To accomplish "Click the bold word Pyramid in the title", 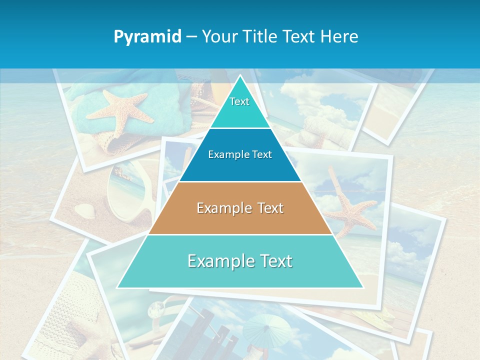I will click(147, 36).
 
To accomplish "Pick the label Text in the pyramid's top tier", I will click(239, 101).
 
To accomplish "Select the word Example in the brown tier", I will click(222, 208).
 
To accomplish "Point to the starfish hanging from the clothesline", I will click(350, 205).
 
